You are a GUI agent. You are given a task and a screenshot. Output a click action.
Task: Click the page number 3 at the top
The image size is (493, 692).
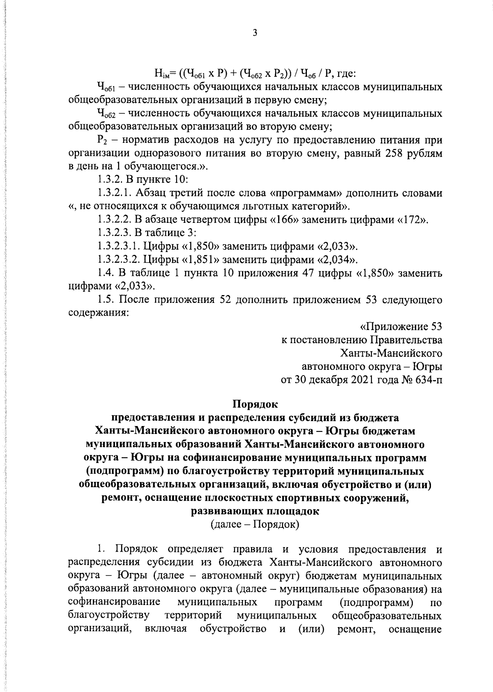point(255,33)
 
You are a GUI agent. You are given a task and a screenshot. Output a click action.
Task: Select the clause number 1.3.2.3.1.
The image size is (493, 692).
point(120,246)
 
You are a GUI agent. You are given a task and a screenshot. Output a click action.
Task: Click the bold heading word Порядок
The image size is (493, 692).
point(255,404)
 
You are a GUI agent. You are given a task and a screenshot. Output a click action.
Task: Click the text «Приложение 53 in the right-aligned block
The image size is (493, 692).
point(401,327)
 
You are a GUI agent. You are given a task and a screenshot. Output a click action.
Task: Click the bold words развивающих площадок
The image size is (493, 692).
point(255,511)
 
